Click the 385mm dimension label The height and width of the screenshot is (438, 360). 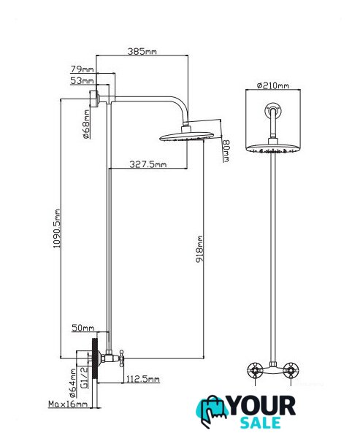tap(142, 51)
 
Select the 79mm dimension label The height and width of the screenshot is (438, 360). tap(83, 69)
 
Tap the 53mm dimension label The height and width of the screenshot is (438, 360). tap(82, 81)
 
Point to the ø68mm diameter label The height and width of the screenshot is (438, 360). tap(86, 124)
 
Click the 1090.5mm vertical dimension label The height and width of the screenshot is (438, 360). tap(57, 228)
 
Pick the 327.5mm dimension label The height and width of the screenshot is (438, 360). tap(148, 164)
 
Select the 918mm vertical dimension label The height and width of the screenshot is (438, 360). tap(199, 249)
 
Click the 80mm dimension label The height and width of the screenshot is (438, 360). tap(226, 150)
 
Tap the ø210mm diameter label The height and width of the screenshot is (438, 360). tap(273, 85)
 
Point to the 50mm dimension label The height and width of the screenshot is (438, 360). tap(83, 328)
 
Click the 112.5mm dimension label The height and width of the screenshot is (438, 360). tap(143, 379)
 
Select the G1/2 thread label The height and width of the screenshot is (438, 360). tap(84, 377)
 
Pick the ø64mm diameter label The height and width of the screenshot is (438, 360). tap(73, 383)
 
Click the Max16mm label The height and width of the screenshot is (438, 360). tap(68, 404)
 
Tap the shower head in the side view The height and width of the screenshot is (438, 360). tap(187, 136)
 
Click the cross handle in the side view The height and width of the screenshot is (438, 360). tap(121, 358)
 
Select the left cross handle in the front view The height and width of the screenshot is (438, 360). tap(255, 370)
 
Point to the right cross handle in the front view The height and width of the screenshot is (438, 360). tap(291, 370)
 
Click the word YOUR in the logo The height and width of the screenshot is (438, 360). tap(262, 406)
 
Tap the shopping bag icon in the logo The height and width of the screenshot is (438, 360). tap(213, 410)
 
